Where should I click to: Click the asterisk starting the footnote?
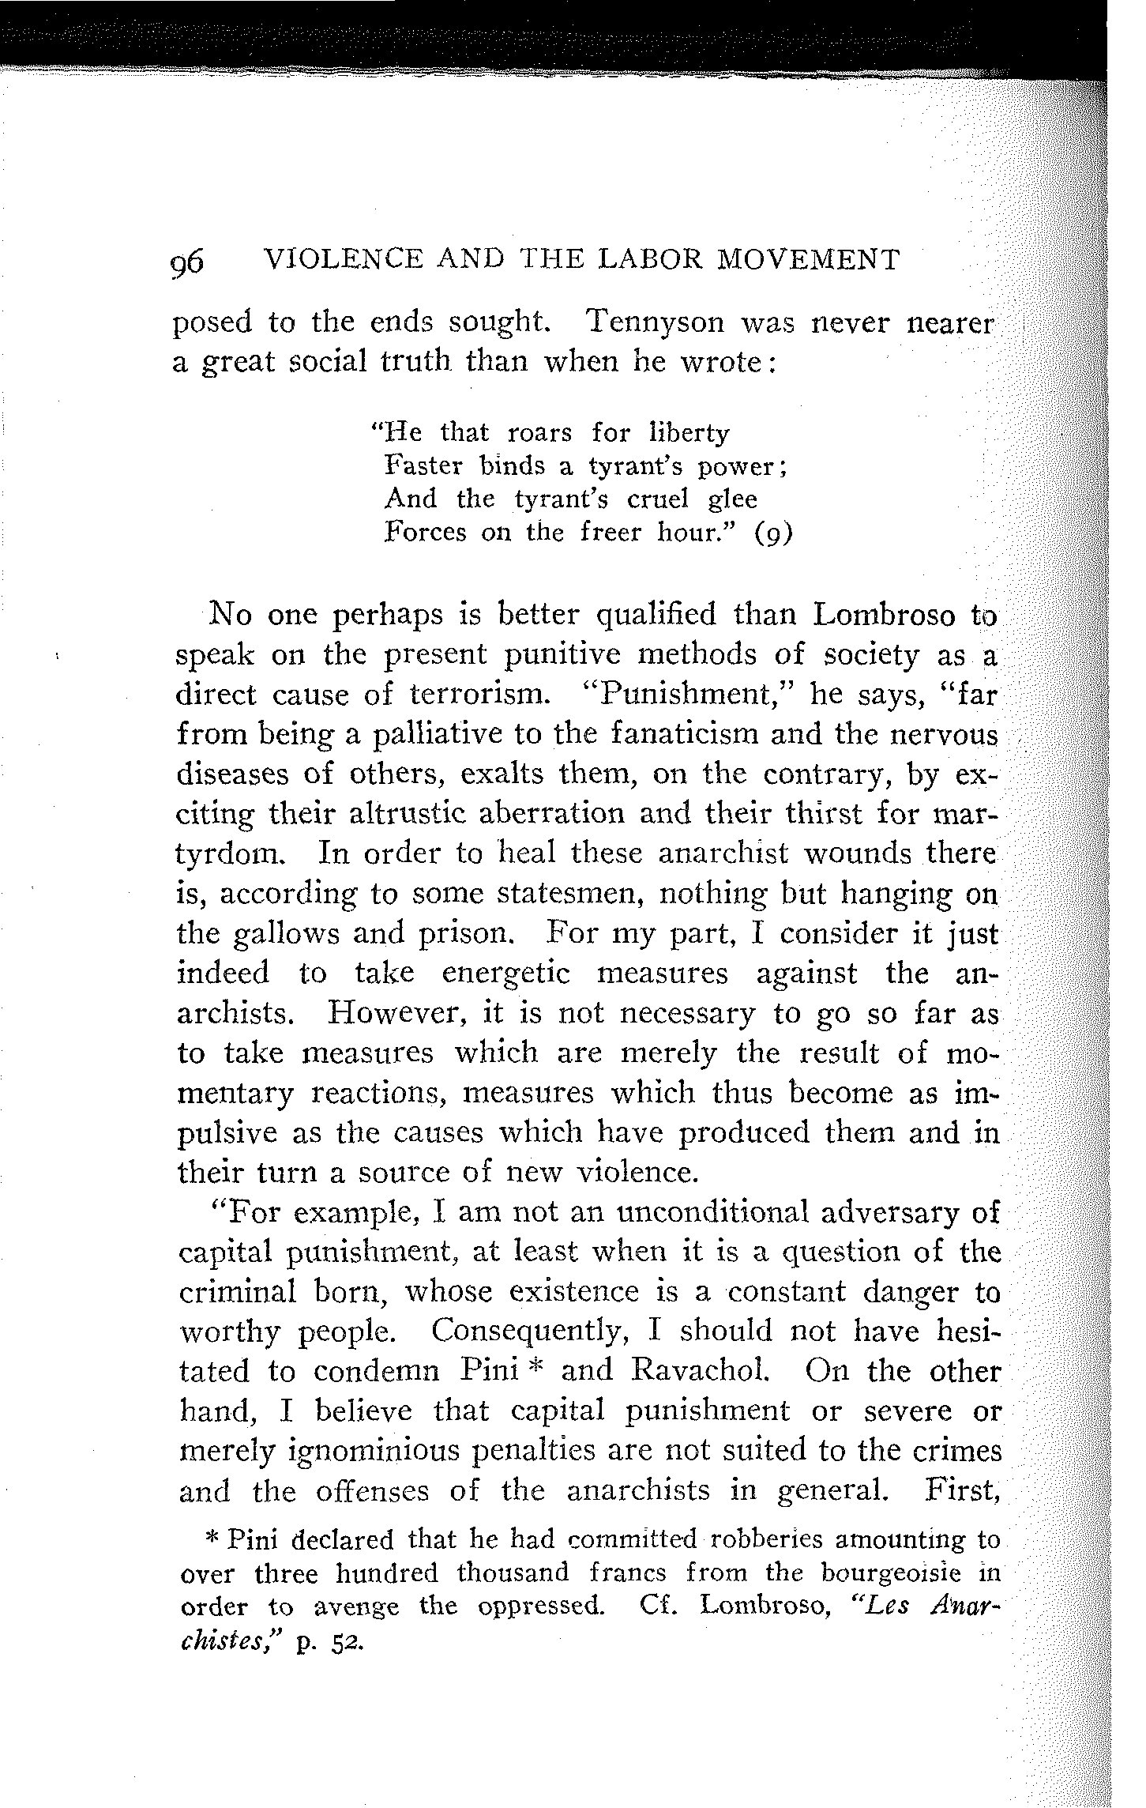(212, 1538)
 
